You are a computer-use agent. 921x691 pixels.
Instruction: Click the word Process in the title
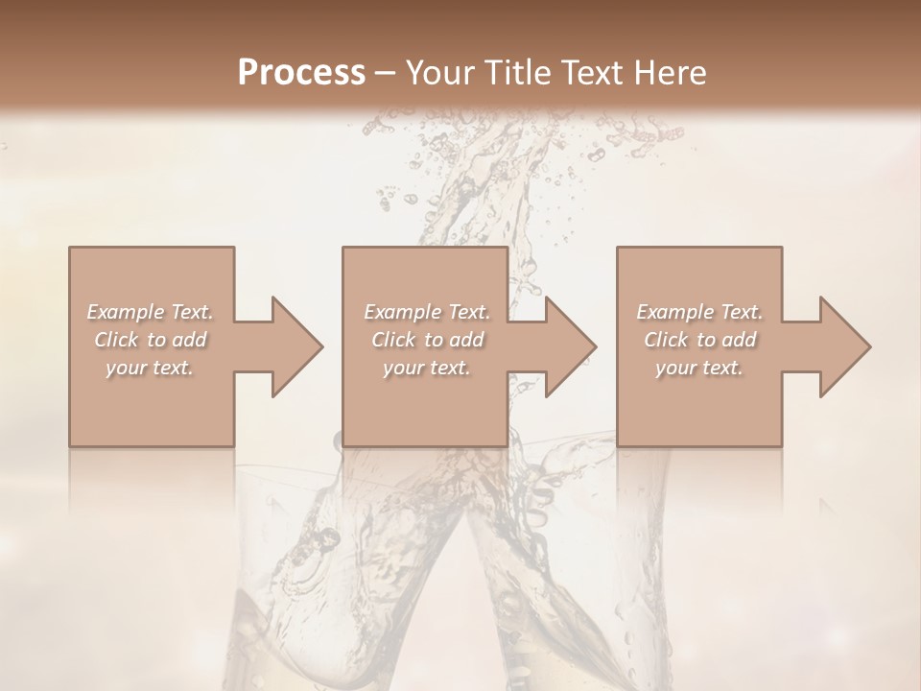pos(301,73)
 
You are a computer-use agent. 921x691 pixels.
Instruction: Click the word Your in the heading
pos(437,73)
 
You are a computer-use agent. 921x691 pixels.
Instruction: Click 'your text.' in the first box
pos(150,368)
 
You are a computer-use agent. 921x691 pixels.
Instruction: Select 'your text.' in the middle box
pos(426,368)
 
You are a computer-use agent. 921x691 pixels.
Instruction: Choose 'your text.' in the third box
pos(698,368)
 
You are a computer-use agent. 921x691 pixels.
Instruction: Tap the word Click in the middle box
pos(393,340)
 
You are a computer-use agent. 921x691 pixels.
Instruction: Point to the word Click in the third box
pos(666,340)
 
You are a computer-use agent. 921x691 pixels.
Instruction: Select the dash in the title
pos(386,74)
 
